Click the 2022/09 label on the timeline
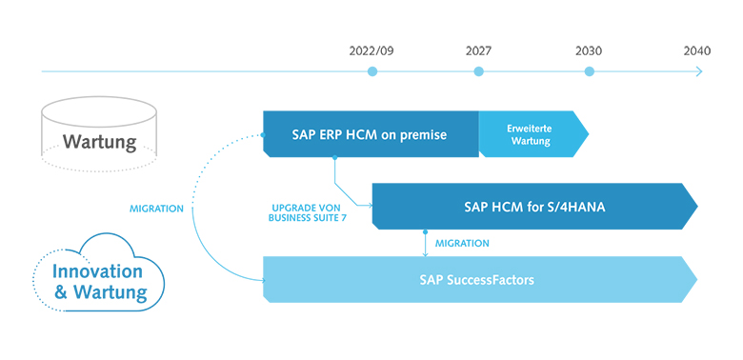(371, 50)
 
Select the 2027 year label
(478, 50)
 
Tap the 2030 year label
(589, 50)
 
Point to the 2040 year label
(696, 50)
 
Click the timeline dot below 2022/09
(373, 71)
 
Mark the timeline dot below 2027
(478, 71)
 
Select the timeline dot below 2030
(589, 71)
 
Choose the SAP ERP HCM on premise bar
(371, 134)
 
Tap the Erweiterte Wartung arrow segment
(529, 134)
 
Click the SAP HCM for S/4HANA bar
(533, 207)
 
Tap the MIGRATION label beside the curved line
(156, 209)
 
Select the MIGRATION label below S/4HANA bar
(462, 244)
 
